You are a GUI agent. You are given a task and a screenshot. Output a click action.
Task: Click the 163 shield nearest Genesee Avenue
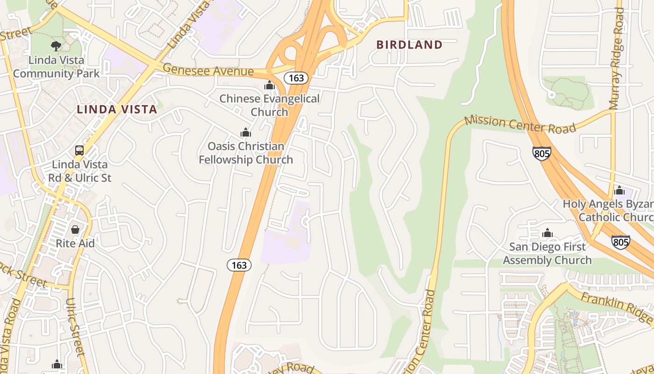click(x=296, y=78)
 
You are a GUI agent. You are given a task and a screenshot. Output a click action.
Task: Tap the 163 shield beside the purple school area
click(x=239, y=265)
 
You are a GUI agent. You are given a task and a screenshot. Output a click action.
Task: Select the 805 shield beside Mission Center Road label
click(x=541, y=153)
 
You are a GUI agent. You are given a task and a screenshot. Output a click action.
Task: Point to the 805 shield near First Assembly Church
click(x=620, y=242)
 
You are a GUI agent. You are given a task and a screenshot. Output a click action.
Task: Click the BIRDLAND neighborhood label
click(x=409, y=45)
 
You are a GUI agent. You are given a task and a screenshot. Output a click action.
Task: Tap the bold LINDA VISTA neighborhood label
click(x=117, y=110)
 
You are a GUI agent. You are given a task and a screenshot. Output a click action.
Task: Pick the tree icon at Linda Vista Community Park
click(x=56, y=46)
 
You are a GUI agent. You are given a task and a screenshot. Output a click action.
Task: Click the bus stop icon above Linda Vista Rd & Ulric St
click(x=79, y=151)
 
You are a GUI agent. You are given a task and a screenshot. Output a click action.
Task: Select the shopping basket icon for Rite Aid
click(x=75, y=230)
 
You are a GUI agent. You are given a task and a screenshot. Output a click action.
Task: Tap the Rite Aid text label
click(x=75, y=243)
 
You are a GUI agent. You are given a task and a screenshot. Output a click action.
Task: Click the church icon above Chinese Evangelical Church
click(x=269, y=85)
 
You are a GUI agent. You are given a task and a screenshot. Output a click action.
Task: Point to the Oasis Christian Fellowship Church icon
click(x=246, y=132)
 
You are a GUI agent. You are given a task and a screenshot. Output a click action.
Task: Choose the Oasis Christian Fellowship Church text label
click(x=246, y=153)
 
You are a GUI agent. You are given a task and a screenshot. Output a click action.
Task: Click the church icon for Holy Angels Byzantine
click(x=619, y=190)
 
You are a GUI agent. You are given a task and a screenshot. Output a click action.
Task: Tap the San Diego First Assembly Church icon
click(x=547, y=233)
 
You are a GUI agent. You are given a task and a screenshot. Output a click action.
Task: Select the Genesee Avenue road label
click(x=208, y=71)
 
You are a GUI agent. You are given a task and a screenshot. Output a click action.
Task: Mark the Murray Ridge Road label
click(x=618, y=58)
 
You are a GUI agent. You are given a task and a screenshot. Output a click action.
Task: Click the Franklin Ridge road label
click(x=616, y=306)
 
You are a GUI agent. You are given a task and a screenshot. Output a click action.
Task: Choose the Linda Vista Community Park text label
click(x=56, y=67)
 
